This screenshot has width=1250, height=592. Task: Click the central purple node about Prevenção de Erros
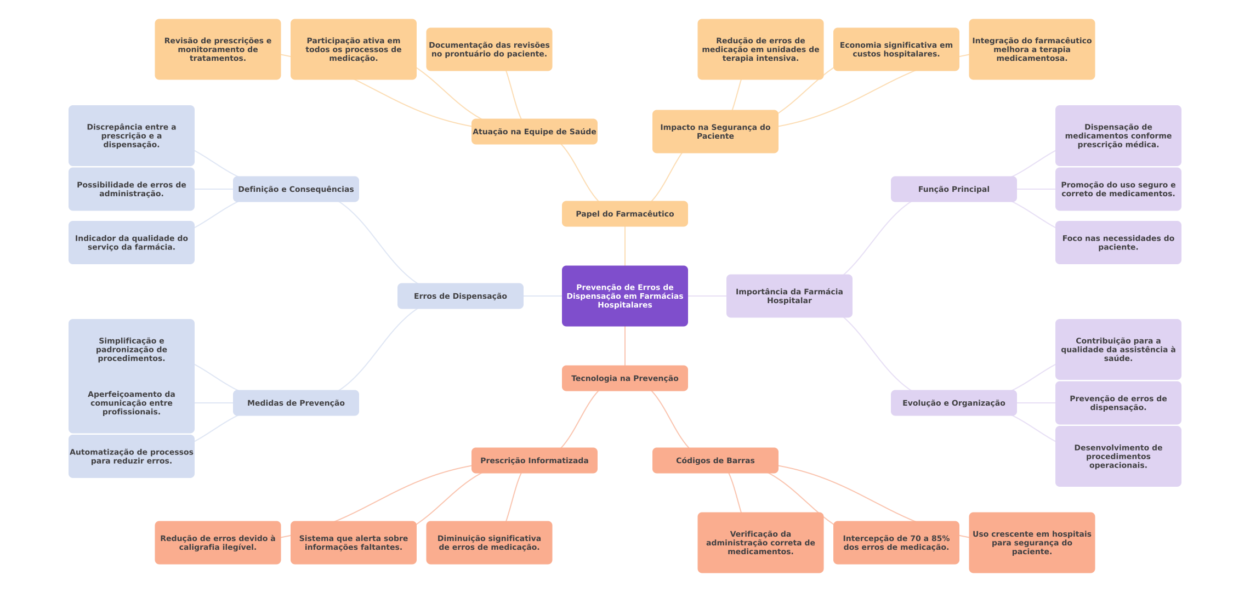624,296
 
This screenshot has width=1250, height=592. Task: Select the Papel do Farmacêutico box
624,214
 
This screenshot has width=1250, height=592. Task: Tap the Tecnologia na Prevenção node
624,378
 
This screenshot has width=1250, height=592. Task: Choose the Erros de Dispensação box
460,296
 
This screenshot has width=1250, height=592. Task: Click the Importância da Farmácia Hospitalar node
789,296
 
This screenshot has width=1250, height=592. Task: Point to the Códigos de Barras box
715,460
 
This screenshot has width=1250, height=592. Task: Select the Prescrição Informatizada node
534,460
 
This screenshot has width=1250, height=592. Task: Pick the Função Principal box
953,189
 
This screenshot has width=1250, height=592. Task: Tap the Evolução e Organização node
953,403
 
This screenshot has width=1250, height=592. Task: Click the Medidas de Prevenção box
296,403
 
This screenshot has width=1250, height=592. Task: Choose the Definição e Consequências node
296,189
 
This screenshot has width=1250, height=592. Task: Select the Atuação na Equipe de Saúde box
534,132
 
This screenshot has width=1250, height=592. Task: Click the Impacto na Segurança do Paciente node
715,132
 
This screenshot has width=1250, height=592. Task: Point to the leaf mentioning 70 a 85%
896,543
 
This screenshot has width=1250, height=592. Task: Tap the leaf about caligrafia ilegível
218,543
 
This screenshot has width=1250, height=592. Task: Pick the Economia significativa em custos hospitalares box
896,49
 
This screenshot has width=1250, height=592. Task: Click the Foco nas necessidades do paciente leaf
1118,242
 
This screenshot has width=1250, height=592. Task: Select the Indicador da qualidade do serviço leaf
131,242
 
